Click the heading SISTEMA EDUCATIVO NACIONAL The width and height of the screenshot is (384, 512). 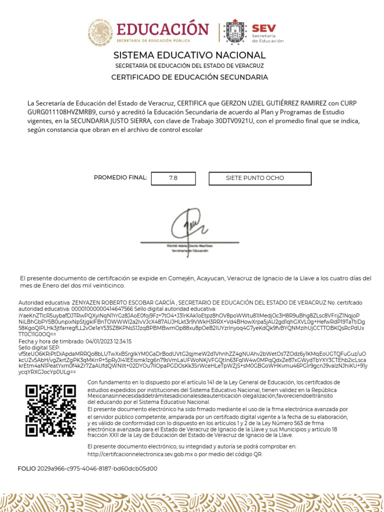pyautogui.click(x=189, y=55)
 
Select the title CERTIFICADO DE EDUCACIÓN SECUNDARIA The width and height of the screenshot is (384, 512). pyautogui.click(x=189, y=77)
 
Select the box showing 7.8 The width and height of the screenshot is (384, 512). pyautogui.click(x=173, y=178)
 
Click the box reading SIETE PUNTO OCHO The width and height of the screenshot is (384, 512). pyautogui.click(x=254, y=178)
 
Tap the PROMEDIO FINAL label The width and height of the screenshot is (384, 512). pyautogui.click(x=120, y=177)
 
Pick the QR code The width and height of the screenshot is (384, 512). pyautogui.click(x=50, y=410)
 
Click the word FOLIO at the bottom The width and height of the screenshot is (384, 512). pyautogui.click(x=27, y=468)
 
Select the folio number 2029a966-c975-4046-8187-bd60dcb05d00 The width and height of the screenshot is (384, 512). pyautogui.click(x=97, y=468)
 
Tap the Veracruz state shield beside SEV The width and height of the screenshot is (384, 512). pyautogui.click(x=236, y=32)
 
